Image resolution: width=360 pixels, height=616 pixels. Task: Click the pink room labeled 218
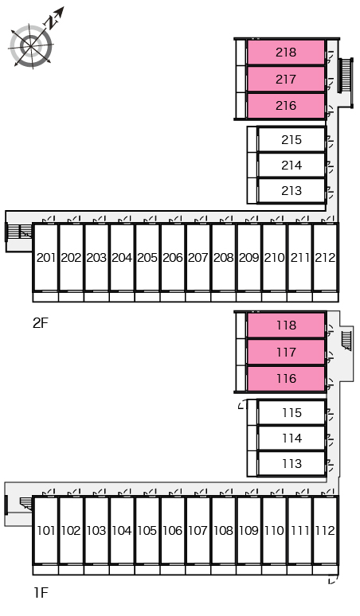(x=286, y=52)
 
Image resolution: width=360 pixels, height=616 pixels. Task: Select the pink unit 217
(x=286, y=79)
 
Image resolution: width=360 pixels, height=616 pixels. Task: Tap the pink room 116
(x=286, y=378)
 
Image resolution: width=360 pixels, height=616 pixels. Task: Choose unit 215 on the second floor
(x=292, y=139)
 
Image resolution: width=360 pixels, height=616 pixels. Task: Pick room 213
(x=292, y=190)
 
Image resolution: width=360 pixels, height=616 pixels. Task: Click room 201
(x=45, y=257)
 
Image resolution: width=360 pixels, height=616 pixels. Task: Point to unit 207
(x=198, y=257)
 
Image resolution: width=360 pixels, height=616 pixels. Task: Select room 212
(x=325, y=257)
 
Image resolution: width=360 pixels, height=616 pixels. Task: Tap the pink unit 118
(x=286, y=325)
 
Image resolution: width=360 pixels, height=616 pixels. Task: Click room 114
(x=292, y=438)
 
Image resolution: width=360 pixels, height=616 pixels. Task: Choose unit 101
(x=45, y=530)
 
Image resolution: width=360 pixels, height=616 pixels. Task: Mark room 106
(x=173, y=530)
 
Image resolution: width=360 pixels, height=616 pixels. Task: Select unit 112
(x=325, y=530)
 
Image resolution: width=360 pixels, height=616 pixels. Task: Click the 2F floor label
(x=40, y=323)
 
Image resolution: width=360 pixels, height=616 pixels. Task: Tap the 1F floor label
(x=40, y=592)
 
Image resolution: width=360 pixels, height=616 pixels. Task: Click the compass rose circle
(x=31, y=46)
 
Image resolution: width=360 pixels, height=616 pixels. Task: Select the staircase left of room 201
(x=18, y=231)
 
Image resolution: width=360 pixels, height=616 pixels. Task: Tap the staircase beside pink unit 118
(x=346, y=340)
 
